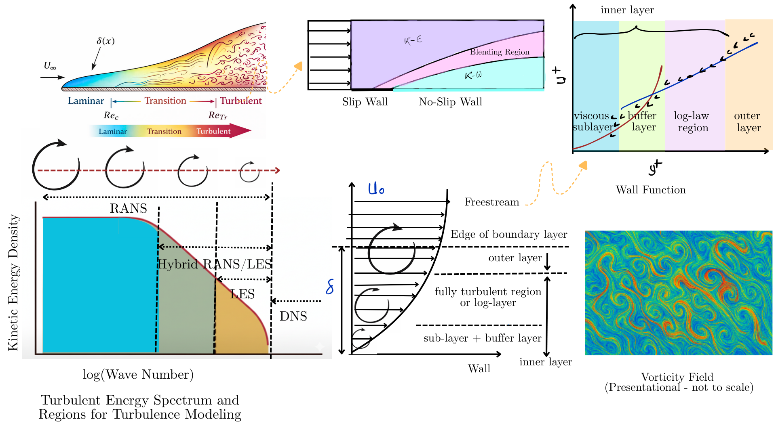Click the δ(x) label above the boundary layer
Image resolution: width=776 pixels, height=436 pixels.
pyautogui.click(x=105, y=41)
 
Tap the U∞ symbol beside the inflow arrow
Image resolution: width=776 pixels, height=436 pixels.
pyautogui.click(x=50, y=66)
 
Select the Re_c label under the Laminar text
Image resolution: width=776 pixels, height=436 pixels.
pyautogui.click(x=111, y=115)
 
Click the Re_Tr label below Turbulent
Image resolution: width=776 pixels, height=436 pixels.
pyautogui.click(x=218, y=115)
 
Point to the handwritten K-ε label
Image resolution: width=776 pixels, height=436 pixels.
pyautogui.click(x=413, y=40)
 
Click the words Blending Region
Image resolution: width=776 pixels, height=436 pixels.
pyautogui.click(x=500, y=52)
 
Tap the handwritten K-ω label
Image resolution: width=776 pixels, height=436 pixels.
pyautogui.click(x=473, y=75)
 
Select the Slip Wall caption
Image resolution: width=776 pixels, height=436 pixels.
pyautogui.click(x=365, y=102)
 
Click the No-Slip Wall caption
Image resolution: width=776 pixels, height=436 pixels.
pyautogui.click(x=450, y=102)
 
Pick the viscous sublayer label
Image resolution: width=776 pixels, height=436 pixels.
pyautogui.click(x=592, y=121)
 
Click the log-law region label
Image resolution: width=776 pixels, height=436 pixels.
pyautogui.click(x=692, y=122)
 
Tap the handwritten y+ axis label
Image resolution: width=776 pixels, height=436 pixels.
pyautogui.click(x=655, y=167)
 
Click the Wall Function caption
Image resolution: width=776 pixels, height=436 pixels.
pyautogui.click(x=651, y=190)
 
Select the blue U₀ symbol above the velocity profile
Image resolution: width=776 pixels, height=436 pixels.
pyautogui.click(x=376, y=189)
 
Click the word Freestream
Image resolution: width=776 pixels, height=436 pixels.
pyautogui.click(x=491, y=202)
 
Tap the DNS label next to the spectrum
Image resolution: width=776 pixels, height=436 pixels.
pyautogui.click(x=293, y=316)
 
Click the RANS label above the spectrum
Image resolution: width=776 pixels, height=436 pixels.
pyautogui.click(x=128, y=208)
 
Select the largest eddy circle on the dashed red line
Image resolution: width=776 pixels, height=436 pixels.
pyautogui.click(x=56, y=165)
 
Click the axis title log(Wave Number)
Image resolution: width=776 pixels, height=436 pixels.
pyautogui.click(x=138, y=375)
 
